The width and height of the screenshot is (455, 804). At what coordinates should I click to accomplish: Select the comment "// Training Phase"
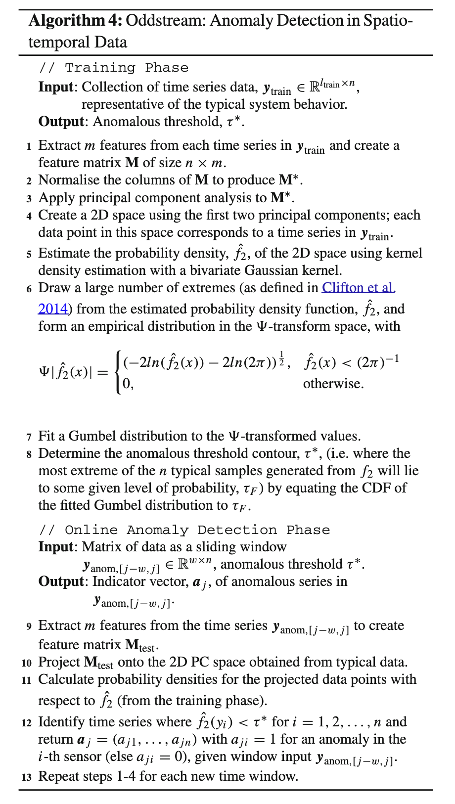[x=114, y=68]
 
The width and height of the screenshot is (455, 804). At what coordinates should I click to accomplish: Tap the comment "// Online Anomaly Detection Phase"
[x=184, y=530]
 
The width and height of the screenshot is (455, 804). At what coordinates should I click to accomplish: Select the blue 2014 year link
[x=53, y=309]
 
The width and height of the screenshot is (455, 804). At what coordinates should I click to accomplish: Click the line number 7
[x=29, y=437]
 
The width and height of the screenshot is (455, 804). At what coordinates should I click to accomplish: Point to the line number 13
[x=27, y=777]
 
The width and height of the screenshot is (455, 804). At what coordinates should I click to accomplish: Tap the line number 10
[x=27, y=663]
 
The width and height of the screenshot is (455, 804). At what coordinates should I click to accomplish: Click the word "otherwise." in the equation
[x=333, y=384]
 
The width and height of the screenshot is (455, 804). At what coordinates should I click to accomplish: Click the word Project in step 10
[x=59, y=662]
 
